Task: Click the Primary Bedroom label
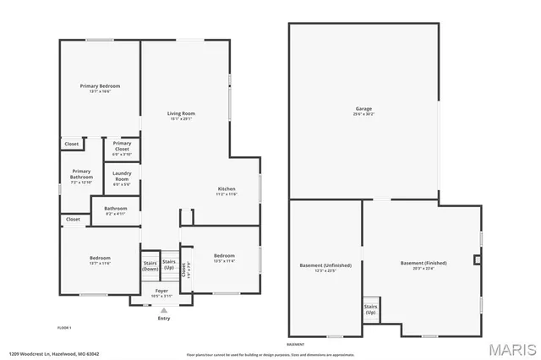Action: [x=100, y=86]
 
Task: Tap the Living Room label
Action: [x=181, y=113]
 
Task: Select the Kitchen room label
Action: [x=227, y=188]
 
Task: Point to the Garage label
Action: [x=363, y=109]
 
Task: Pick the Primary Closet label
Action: [x=122, y=146]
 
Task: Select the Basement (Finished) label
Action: [x=424, y=263]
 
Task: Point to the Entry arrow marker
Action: [x=164, y=311]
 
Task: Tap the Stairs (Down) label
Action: [x=150, y=264]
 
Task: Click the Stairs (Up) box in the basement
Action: [x=370, y=308]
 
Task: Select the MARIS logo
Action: [x=511, y=348]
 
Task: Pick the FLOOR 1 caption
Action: [x=64, y=327]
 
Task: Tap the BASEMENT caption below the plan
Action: [x=296, y=345]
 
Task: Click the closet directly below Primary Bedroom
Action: [x=73, y=145]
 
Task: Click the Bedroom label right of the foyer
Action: [x=224, y=256]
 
